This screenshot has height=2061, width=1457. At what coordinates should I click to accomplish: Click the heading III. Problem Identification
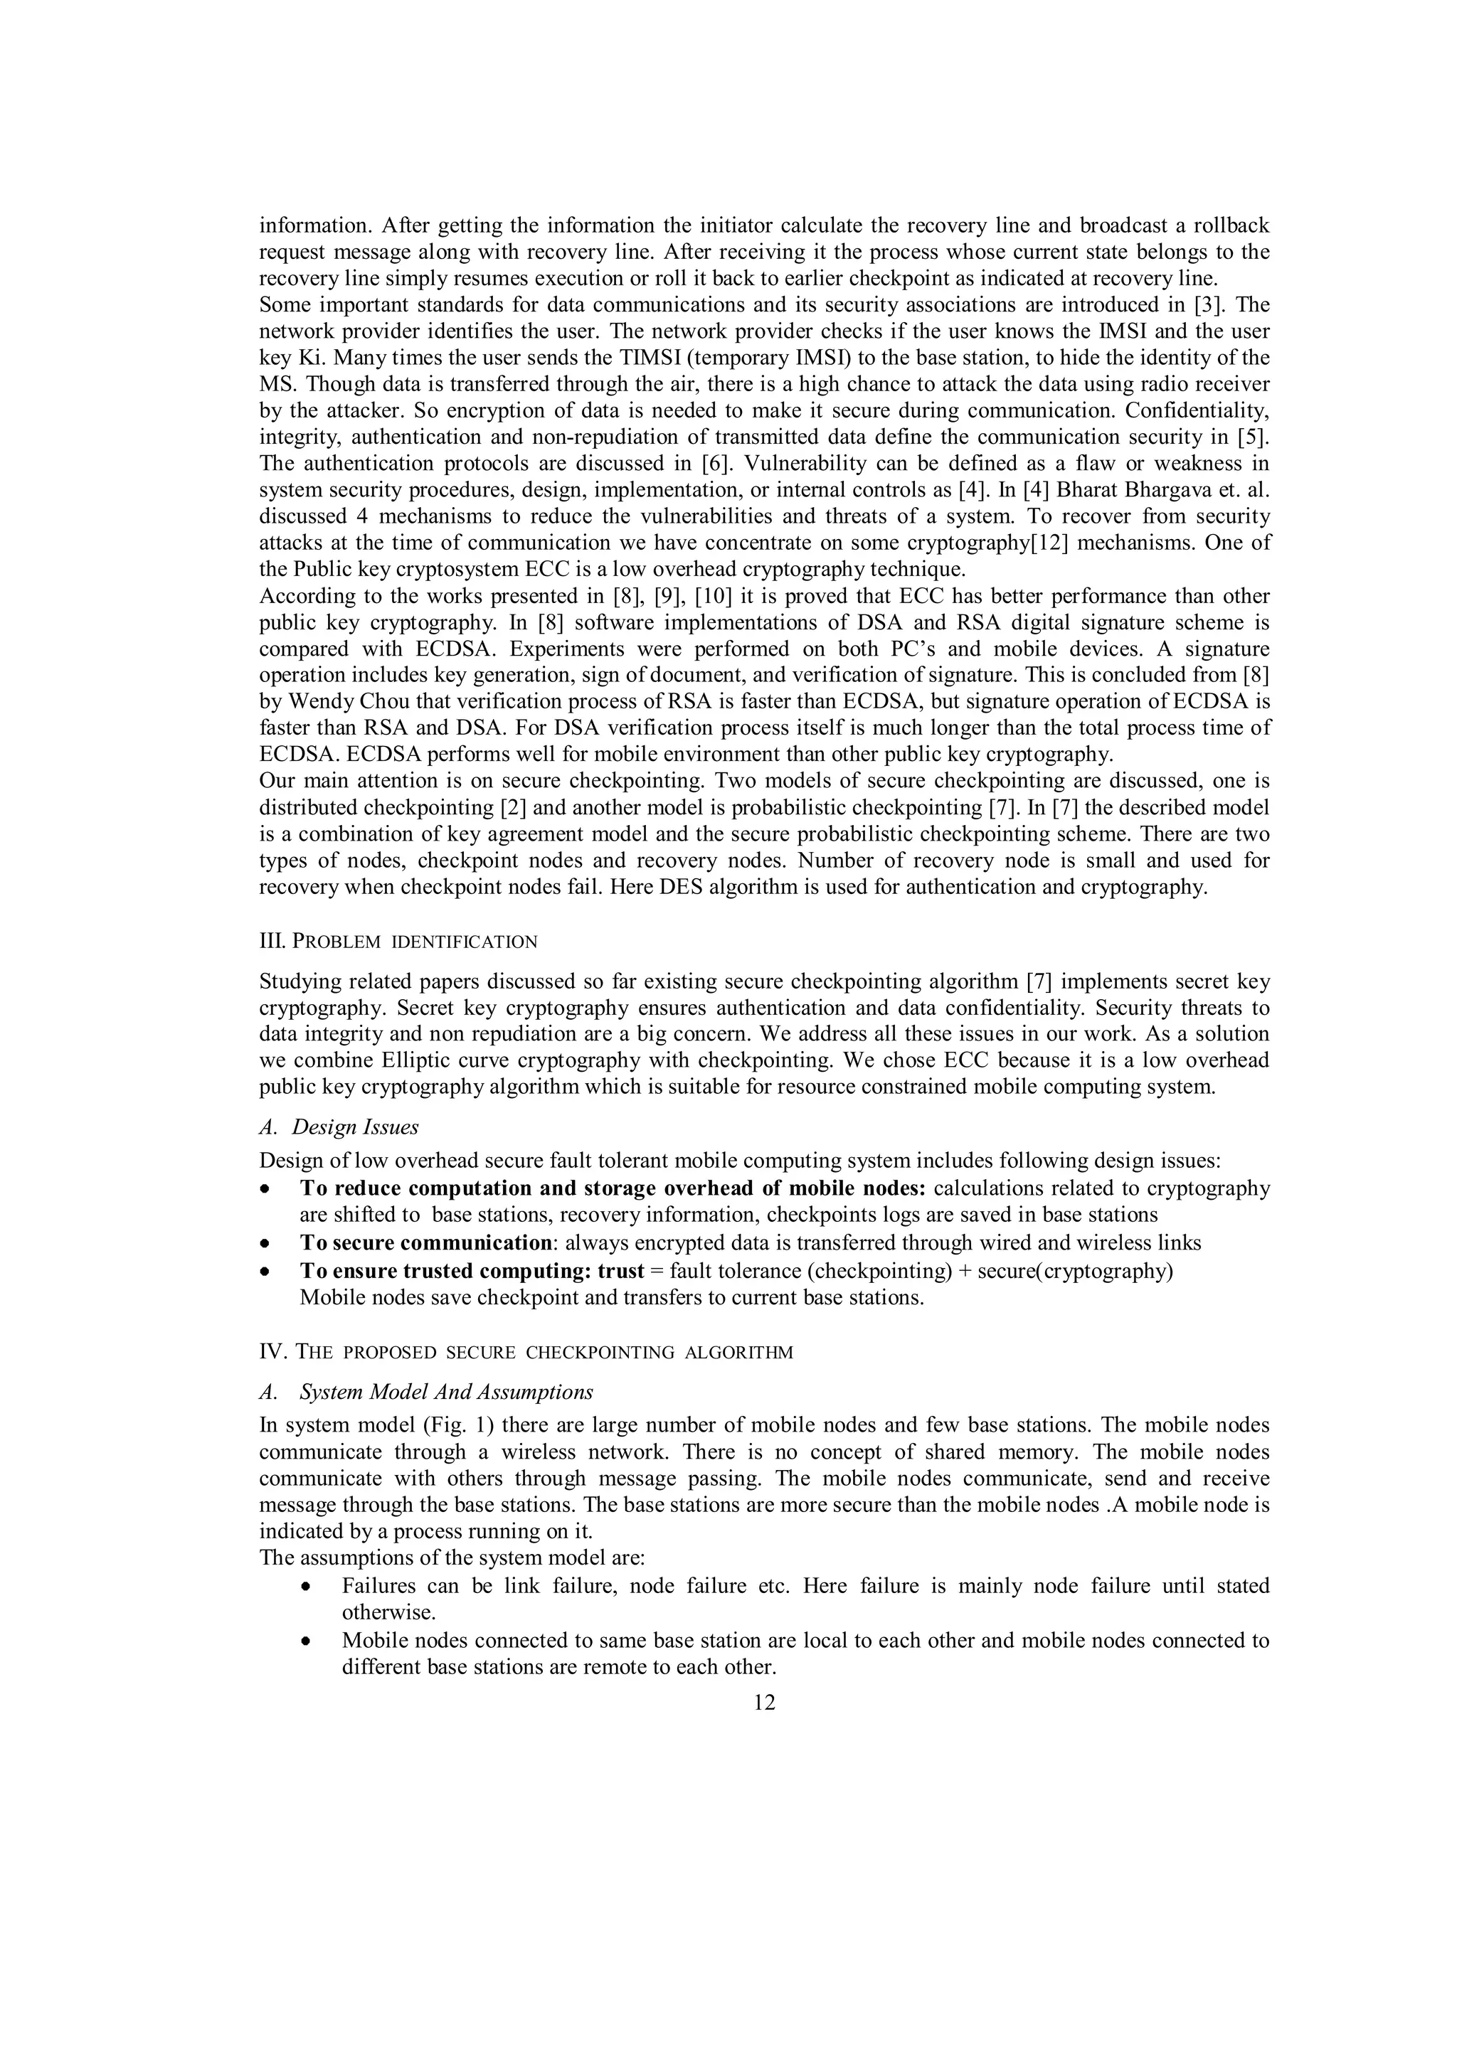[398, 942]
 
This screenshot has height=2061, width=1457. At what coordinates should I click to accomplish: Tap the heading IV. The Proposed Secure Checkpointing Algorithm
[526, 1352]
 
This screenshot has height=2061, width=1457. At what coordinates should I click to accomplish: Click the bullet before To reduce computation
[264, 1189]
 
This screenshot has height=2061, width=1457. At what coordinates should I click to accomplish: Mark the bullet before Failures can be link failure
[307, 1587]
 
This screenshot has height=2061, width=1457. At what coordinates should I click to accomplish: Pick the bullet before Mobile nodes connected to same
[307, 1641]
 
